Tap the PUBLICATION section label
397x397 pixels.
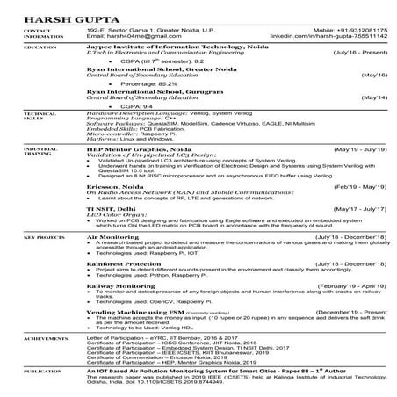point(34,372)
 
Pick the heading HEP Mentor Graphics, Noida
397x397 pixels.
point(141,150)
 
